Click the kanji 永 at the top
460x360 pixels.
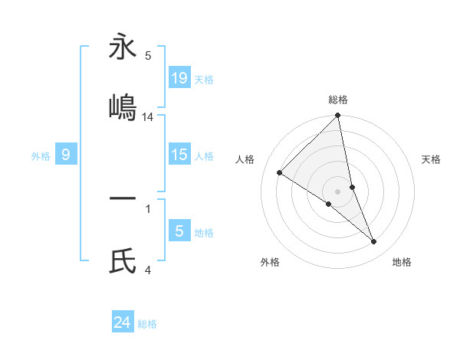(123, 47)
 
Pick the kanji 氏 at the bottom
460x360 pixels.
(123, 263)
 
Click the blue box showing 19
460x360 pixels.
(179, 77)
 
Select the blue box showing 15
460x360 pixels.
(179, 155)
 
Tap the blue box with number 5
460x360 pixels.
(179, 231)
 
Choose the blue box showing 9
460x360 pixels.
(66, 155)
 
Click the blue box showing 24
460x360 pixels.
(123, 322)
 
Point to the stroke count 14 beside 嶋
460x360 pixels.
(148, 117)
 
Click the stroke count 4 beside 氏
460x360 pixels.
(148, 270)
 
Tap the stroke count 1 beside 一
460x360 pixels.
(148, 208)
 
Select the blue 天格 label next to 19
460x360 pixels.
(204, 79)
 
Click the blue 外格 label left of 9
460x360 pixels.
(41, 156)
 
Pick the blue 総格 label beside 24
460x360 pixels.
(147, 324)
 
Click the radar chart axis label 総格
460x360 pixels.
(338, 100)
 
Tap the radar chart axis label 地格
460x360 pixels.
(402, 262)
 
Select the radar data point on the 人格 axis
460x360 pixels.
(280, 173)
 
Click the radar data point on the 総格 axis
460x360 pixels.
(338, 116)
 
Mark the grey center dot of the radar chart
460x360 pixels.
(338, 191)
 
